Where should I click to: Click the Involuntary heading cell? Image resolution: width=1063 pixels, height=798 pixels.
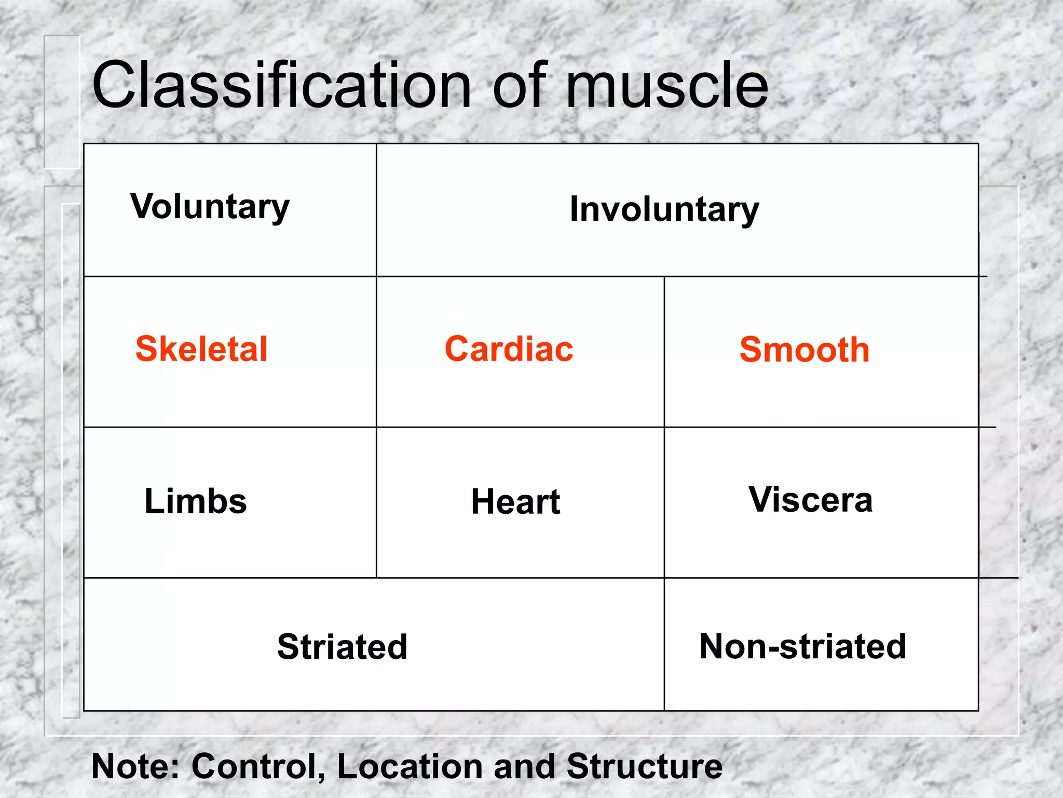click(664, 209)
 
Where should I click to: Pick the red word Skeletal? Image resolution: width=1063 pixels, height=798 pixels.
click(201, 349)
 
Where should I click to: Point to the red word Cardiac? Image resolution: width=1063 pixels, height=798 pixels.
click(509, 349)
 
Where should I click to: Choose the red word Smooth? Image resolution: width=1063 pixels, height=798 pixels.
click(804, 350)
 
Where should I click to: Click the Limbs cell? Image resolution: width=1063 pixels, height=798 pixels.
click(196, 501)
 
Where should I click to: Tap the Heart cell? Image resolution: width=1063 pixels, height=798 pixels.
click(515, 502)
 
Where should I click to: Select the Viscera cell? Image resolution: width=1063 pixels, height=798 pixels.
click(810, 500)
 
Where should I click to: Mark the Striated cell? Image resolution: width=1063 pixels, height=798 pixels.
click(342, 647)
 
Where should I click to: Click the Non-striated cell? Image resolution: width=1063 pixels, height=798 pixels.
click(802, 646)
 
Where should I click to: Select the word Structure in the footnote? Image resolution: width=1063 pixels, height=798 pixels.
click(644, 766)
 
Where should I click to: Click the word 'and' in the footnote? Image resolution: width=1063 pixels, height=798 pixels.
click(524, 766)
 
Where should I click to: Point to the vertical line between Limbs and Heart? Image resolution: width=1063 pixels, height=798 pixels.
click(376, 502)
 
